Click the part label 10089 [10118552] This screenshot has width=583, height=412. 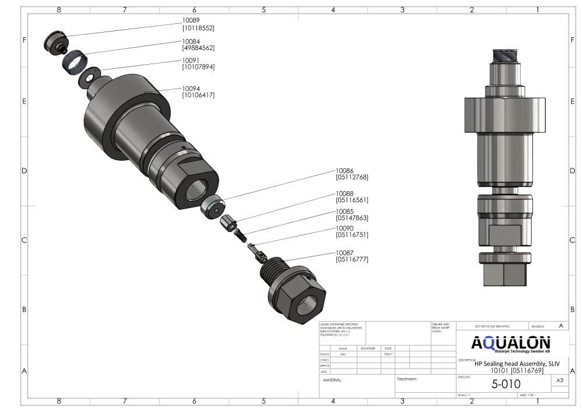point(198,24)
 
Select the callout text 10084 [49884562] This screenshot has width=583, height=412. point(198,44)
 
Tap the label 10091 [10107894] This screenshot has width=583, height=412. point(198,64)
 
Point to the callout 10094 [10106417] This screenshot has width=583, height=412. point(198,91)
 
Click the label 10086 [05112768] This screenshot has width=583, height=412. point(352,174)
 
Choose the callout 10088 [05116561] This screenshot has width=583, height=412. point(352,196)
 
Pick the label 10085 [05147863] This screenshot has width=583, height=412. point(352,214)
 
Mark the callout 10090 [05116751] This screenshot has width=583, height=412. point(352,231)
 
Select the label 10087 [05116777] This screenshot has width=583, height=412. point(352,256)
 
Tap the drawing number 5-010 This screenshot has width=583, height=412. point(506,384)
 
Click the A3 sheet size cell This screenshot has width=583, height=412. point(560,381)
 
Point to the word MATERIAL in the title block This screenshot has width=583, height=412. point(332,380)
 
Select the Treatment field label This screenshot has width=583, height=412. point(407,379)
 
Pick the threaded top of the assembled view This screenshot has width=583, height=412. point(505,57)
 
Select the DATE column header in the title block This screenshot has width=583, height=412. point(388,348)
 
